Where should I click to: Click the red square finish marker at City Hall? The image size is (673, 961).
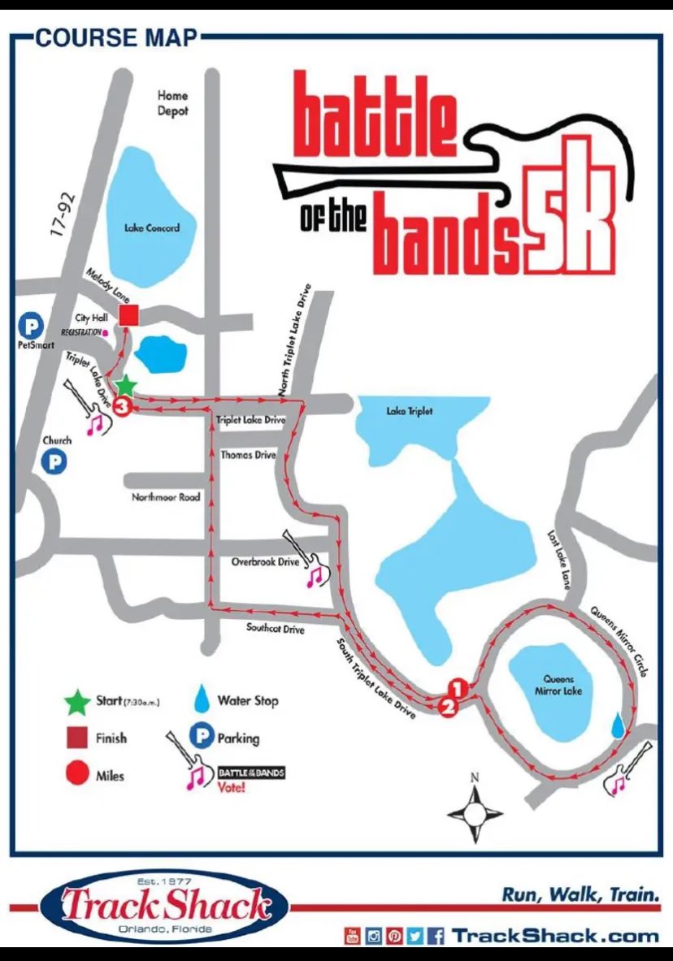[128, 316]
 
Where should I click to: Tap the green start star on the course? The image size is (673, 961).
[125, 385]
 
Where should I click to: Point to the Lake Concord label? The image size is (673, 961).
[151, 228]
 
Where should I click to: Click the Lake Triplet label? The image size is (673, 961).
[409, 412]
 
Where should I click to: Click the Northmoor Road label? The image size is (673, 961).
[166, 496]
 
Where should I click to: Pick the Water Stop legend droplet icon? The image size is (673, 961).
[201, 699]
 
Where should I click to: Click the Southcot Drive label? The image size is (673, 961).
[275, 629]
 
